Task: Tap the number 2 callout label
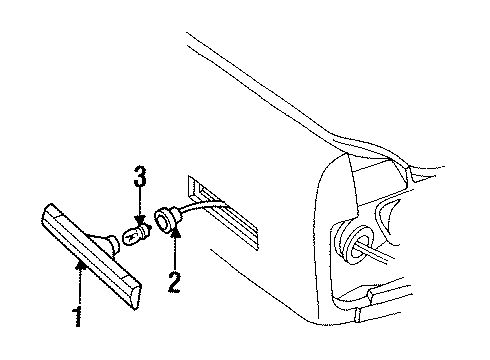point(174,281)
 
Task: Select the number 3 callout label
point(141,181)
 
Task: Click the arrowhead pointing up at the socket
point(174,233)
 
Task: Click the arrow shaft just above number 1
point(78,285)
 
